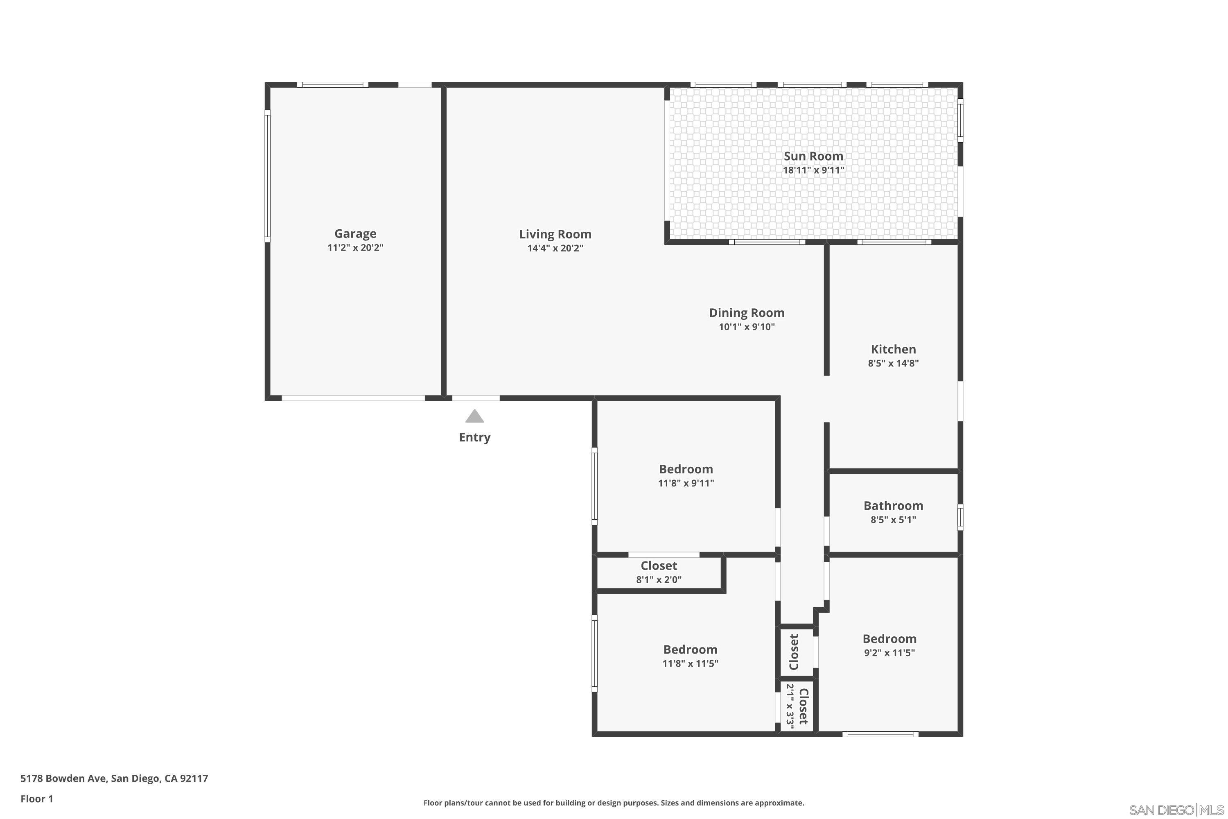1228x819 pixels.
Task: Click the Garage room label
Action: pos(355,233)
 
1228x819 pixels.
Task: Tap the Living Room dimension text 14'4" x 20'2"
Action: pos(555,248)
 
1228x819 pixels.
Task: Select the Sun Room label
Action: pos(813,156)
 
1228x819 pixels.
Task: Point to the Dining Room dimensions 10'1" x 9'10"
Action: pos(747,327)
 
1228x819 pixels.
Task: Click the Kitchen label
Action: pos(893,349)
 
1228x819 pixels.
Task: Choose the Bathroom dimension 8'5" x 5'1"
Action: pos(893,520)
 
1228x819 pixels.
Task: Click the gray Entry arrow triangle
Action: pos(474,416)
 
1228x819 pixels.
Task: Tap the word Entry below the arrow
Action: pos(474,437)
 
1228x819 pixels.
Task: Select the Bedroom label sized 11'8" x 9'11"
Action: pos(686,469)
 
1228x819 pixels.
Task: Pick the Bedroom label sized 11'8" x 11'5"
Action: pos(690,649)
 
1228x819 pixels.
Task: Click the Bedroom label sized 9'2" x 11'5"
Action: pos(889,638)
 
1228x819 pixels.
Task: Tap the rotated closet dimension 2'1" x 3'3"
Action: pos(790,706)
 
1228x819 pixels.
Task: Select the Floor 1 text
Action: pos(36,799)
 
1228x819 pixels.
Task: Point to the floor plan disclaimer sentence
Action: pos(614,803)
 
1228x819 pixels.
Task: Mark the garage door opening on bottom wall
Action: pos(353,398)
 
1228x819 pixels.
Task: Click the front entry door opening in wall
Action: pos(475,398)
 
